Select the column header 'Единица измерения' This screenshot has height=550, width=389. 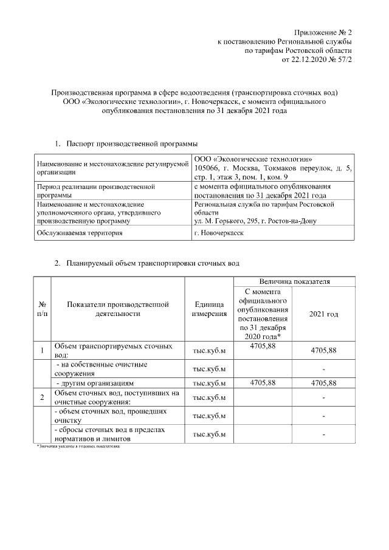[x=209, y=309]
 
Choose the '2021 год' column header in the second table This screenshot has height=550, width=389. [x=323, y=314]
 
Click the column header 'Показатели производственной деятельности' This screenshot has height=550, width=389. [x=118, y=309]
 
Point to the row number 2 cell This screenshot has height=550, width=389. [x=42, y=397]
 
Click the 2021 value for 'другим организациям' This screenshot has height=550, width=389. [x=323, y=383]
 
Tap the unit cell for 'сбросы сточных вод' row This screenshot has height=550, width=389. [x=209, y=435]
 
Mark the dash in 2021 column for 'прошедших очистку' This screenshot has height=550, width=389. [x=324, y=416]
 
